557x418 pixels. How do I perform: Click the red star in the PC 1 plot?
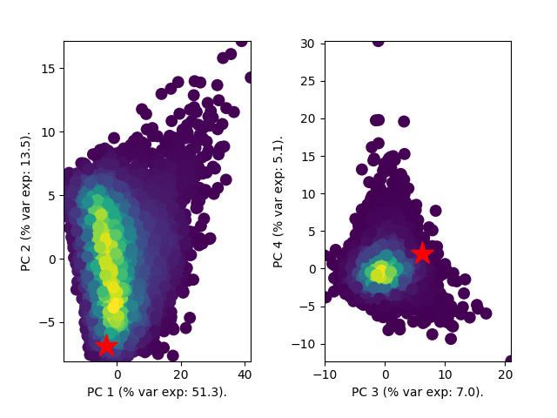(106, 345)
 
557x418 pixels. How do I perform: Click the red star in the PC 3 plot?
(422, 253)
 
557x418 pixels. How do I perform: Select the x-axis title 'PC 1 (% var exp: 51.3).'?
(157, 392)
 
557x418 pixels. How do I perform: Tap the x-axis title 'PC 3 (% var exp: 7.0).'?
(418, 392)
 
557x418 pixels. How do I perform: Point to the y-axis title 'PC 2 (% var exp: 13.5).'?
(26, 201)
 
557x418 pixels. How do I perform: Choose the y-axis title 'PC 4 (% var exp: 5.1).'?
(278, 201)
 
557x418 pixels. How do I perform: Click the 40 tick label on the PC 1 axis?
(245, 374)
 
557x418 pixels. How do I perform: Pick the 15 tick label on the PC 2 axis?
(48, 69)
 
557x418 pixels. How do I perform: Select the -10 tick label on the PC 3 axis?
(325, 374)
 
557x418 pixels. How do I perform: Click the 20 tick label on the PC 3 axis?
(506, 374)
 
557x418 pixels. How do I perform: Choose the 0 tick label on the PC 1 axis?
(117, 374)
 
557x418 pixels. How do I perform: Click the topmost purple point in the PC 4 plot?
(378, 40)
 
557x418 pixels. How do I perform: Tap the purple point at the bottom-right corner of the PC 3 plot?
(510, 360)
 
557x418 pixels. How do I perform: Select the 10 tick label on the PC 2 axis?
(48, 132)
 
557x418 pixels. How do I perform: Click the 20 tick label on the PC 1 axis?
(181, 374)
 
